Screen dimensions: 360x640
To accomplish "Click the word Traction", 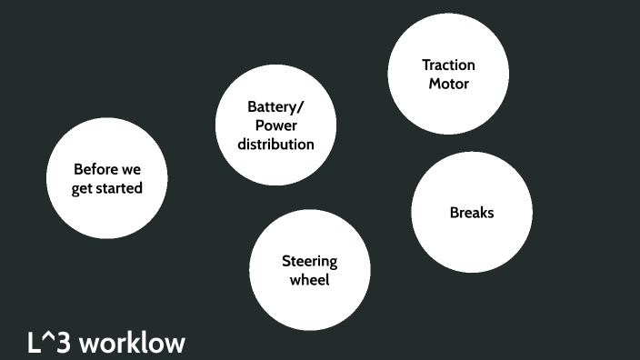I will (x=448, y=65).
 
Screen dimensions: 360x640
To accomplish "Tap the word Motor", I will (x=448, y=84).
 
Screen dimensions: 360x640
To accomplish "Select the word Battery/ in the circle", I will (x=275, y=106).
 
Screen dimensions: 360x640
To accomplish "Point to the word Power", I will (x=275, y=125).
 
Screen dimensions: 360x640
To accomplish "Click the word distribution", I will (x=275, y=144).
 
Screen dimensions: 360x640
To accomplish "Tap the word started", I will (x=120, y=188).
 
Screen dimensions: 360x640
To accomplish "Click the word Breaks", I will (x=472, y=213).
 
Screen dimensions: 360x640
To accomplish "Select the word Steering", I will (x=309, y=262).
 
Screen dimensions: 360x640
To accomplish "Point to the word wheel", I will (x=309, y=280).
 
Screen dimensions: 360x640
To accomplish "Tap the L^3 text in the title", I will (x=49, y=343).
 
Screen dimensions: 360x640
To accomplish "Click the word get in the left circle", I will (x=83, y=189).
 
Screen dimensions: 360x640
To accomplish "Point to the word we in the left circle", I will (x=129, y=170).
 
